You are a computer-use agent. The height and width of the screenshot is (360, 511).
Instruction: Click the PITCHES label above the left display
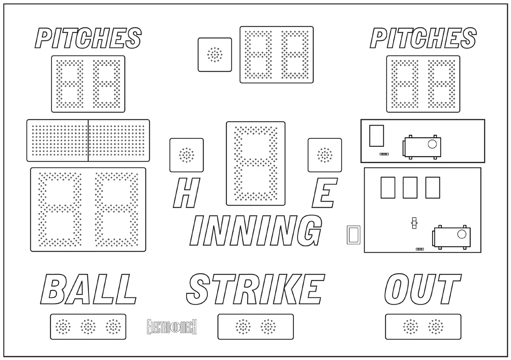[x=88, y=38]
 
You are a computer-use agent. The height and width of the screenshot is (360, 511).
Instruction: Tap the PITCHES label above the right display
[x=423, y=38]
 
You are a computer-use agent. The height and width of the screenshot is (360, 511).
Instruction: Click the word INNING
[x=256, y=231]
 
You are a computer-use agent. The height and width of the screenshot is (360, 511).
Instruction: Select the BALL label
[x=89, y=289]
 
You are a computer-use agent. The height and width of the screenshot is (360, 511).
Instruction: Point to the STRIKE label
[x=255, y=289]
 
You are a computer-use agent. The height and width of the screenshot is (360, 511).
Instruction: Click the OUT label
[x=423, y=289]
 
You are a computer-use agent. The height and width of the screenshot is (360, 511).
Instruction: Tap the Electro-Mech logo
[x=172, y=327]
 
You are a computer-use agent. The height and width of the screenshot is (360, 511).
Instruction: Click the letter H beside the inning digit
[x=187, y=193]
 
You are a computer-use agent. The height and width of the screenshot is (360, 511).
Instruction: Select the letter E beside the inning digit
[x=324, y=193]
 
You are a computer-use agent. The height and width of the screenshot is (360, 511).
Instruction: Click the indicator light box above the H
[x=187, y=155]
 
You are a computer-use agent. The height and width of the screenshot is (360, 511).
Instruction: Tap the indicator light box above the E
[x=325, y=155]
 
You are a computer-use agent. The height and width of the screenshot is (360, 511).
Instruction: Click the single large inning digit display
[x=256, y=163]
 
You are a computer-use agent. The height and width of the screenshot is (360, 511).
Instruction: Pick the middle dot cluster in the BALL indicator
[x=88, y=327]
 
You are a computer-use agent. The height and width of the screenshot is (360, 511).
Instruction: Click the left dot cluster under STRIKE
[x=243, y=327]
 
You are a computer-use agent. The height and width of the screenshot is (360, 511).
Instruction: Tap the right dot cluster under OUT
[x=436, y=327]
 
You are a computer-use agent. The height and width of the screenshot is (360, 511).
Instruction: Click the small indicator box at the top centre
[x=215, y=55]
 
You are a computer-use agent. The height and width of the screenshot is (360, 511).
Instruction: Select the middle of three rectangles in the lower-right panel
[x=410, y=188]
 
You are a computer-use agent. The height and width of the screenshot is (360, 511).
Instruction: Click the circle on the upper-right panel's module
[x=432, y=144]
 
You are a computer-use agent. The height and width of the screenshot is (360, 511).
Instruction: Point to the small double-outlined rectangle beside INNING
[x=353, y=235]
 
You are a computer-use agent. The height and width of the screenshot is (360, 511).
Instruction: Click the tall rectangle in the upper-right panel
[x=376, y=136]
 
